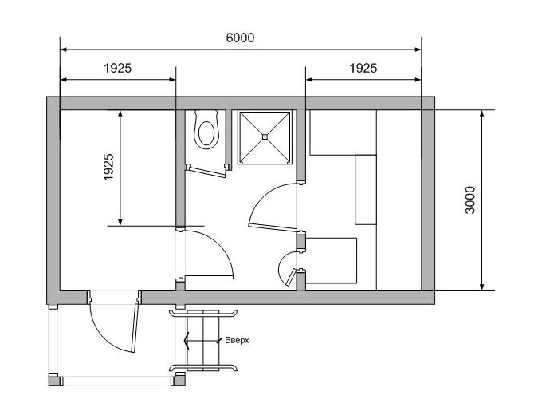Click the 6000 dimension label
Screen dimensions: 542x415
(x=240, y=38)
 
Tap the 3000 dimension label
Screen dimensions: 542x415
(x=470, y=200)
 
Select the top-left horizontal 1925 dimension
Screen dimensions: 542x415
(x=118, y=68)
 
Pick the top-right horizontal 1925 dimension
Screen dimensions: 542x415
(x=363, y=68)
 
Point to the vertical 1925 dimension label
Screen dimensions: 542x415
(x=108, y=167)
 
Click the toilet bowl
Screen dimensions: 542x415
(x=206, y=130)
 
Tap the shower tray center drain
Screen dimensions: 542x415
(x=265, y=136)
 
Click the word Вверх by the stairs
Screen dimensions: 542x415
(x=237, y=340)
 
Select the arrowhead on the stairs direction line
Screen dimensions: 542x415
(x=187, y=341)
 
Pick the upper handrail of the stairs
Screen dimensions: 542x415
(x=203, y=313)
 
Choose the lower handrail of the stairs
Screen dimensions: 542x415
(x=203, y=367)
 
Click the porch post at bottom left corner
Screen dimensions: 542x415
(x=56, y=380)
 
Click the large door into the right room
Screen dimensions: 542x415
(x=273, y=227)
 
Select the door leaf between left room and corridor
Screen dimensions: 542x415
(x=209, y=277)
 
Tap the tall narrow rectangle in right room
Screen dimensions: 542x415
(x=366, y=190)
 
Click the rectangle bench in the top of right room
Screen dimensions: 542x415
(x=343, y=132)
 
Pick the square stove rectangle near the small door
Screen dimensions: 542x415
(x=331, y=261)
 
